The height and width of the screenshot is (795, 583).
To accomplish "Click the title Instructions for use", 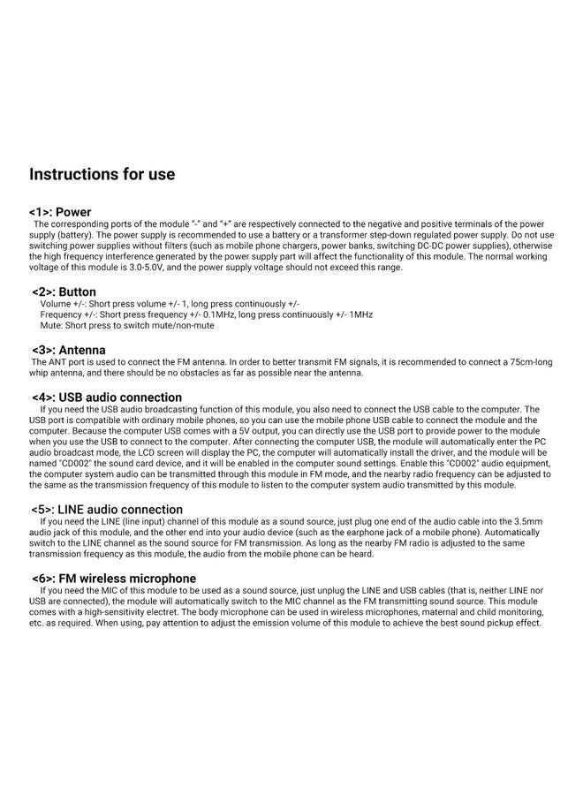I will tap(102, 174).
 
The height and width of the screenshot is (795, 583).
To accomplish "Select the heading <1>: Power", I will tap(60, 212).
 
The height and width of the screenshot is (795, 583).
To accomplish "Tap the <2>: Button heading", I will tap(64, 291).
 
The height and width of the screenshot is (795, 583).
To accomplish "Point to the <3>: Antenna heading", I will tap(68, 350).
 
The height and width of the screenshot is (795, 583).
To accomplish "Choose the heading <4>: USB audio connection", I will tap(106, 397).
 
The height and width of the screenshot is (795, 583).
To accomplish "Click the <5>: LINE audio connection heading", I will tap(107, 510).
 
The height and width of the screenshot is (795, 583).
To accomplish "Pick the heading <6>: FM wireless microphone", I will tap(113, 579).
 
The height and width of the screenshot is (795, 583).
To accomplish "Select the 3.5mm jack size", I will tap(521, 521).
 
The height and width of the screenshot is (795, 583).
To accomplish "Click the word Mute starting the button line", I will tap(51, 325).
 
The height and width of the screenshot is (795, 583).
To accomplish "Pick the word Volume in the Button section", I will tap(56, 303).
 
